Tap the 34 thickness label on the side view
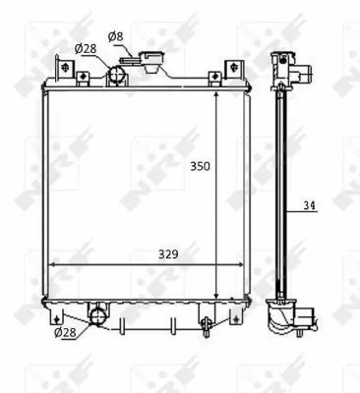310,206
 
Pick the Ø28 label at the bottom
65,332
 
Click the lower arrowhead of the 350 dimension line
217,292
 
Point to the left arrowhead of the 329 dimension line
53,264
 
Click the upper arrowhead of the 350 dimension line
217,90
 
